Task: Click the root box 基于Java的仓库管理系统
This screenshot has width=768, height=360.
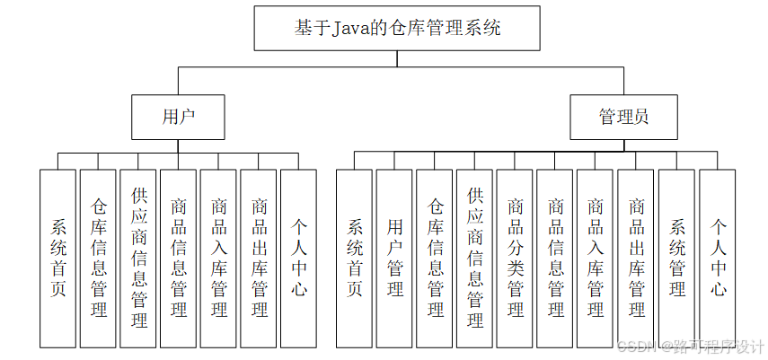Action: coord(397,28)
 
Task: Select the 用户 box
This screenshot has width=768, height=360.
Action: coord(179,117)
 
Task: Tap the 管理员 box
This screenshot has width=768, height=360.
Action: coord(623,117)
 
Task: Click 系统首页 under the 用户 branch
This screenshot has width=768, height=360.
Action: coord(58,258)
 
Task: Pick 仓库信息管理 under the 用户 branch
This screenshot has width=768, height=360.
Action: coord(99,258)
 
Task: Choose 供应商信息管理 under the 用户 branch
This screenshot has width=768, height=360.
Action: coord(139,258)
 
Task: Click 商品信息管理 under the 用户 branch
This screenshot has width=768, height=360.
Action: coord(179,258)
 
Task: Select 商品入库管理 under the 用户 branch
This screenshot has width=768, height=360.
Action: coord(219,258)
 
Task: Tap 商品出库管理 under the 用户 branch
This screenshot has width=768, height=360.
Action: coord(260,258)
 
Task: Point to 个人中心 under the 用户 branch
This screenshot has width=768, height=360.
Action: coord(299,258)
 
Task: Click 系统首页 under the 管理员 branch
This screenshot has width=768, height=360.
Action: coord(355,258)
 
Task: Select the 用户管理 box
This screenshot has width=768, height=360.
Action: coord(394,258)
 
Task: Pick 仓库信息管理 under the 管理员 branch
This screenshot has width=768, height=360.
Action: coord(435,258)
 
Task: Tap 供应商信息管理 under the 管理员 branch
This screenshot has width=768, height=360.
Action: coord(475,258)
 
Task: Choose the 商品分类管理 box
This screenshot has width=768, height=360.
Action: coord(516,258)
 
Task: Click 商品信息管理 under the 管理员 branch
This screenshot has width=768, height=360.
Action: coord(555,258)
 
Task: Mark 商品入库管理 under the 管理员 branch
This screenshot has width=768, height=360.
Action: coord(596,258)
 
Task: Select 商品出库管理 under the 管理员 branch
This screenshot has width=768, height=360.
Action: coord(636,258)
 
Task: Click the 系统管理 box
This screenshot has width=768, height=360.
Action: coord(676,258)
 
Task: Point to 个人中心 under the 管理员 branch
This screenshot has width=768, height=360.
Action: coord(718,258)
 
